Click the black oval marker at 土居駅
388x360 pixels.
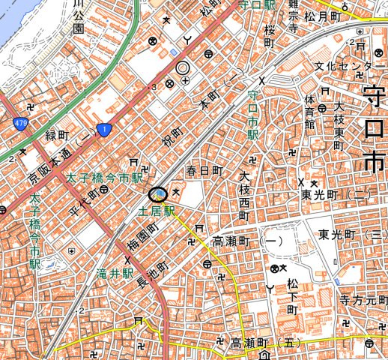pyautogui.click(x=158, y=194)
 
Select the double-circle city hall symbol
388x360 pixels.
pyautogui.click(x=182, y=67)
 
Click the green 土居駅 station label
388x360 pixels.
pyautogui.click(x=156, y=212)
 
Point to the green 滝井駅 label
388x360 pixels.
pyautogui.click(x=118, y=273)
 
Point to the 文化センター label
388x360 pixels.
pyautogui.click(x=344, y=67)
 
